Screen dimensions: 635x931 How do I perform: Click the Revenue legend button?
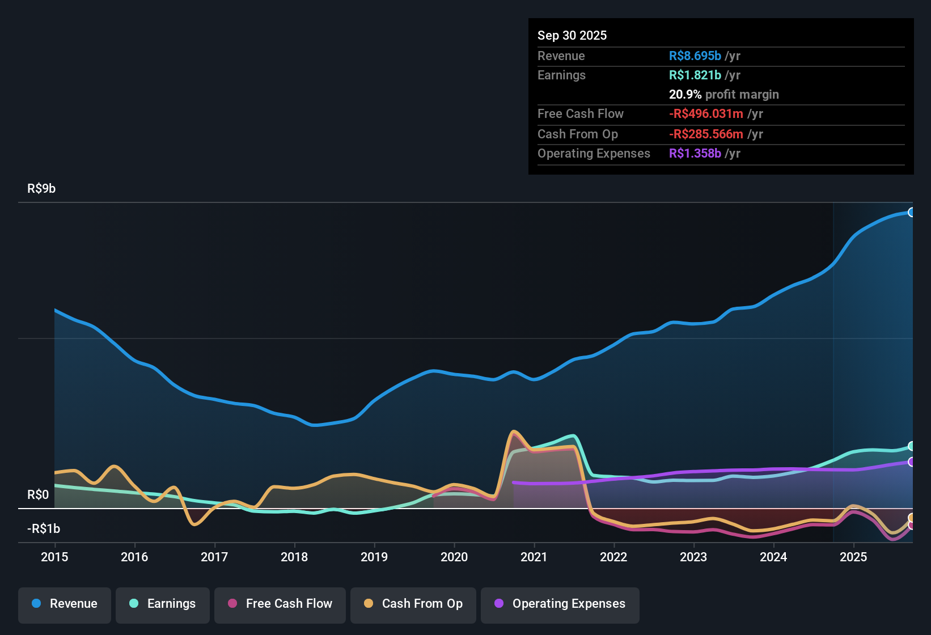pos(65,604)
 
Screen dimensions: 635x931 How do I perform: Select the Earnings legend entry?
pos(163,604)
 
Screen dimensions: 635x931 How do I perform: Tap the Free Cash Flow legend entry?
pos(280,604)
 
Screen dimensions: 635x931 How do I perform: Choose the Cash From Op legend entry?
pos(413,604)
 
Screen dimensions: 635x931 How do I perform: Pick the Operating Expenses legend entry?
pos(560,604)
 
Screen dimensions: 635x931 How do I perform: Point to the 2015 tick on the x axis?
pos(54,557)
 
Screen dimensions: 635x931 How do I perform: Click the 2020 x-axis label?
pos(454,557)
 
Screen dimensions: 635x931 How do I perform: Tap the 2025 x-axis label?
pos(853,557)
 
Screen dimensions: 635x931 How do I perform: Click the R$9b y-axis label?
pos(41,189)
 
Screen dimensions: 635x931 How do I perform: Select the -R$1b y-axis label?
pos(44,529)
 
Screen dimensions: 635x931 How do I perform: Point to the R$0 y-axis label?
pos(38,495)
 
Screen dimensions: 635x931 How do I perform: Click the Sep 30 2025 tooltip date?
pos(572,35)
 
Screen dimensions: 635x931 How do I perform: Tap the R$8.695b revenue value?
pos(695,56)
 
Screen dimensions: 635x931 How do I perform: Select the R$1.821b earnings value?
pos(695,75)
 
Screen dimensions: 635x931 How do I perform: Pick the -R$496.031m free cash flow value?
pos(706,114)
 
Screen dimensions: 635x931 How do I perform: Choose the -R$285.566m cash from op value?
pos(706,134)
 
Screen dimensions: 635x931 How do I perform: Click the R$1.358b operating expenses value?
pos(695,154)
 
